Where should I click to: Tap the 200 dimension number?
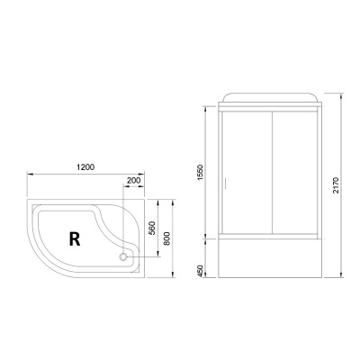134,182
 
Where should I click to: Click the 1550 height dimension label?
201,170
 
